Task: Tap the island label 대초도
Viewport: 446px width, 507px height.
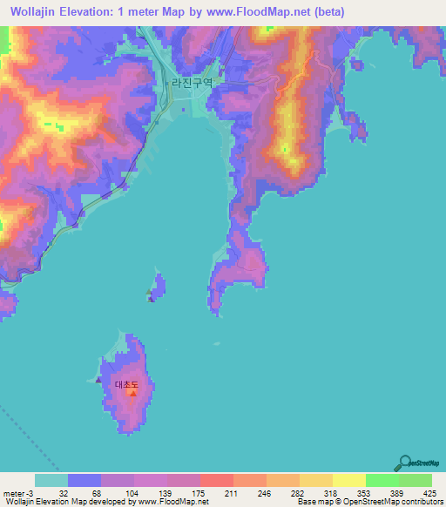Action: (127, 383)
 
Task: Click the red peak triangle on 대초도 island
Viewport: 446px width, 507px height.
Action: (132, 393)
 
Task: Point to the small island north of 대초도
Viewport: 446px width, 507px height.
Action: (158, 287)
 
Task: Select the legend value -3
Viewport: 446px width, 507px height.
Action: (32, 493)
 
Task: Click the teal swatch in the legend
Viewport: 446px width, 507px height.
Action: (51, 480)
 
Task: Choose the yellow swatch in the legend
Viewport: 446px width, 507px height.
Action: (348, 480)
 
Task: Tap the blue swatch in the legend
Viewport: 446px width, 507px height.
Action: (84, 480)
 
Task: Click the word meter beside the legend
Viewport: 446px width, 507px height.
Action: (13, 493)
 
